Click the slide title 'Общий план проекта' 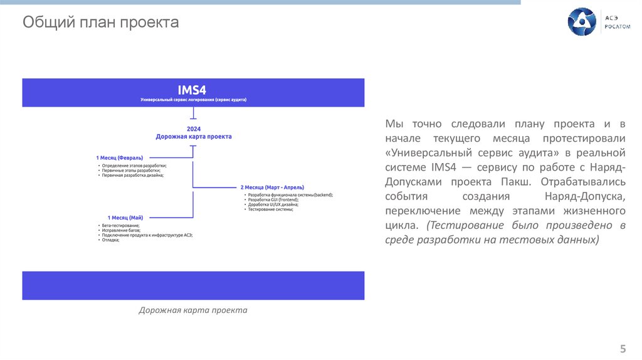(101, 23)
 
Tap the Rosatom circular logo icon (581, 22)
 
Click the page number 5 (623, 349)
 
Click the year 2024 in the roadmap (193, 129)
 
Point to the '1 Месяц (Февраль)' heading (120, 157)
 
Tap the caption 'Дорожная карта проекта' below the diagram (193, 310)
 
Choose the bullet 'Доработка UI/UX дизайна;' (273, 204)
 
